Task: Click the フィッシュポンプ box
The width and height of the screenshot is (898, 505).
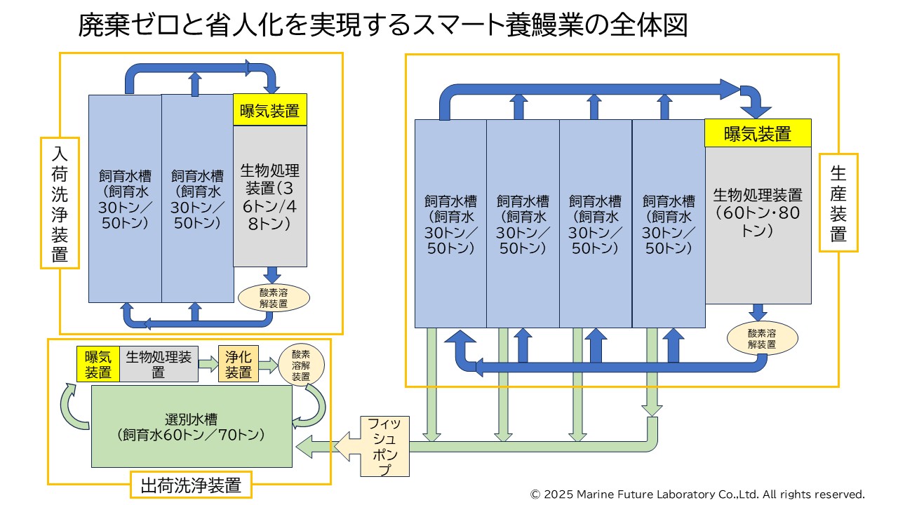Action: (384, 446)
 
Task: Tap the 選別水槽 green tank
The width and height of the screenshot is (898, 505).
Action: (192, 426)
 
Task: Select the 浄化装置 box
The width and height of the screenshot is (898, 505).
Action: (239, 364)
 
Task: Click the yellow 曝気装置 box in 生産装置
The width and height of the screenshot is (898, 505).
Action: (758, 133)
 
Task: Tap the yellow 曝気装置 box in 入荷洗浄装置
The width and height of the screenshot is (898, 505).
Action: (269, 111)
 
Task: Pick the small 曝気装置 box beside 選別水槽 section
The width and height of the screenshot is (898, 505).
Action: (98, 364)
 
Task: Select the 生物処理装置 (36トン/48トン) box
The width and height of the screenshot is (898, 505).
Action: (269, 196)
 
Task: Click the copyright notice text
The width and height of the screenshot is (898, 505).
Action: (697, 494)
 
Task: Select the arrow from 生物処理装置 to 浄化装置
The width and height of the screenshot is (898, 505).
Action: (208, 364)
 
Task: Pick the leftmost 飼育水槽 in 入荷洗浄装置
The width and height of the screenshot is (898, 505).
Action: (125, 199)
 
